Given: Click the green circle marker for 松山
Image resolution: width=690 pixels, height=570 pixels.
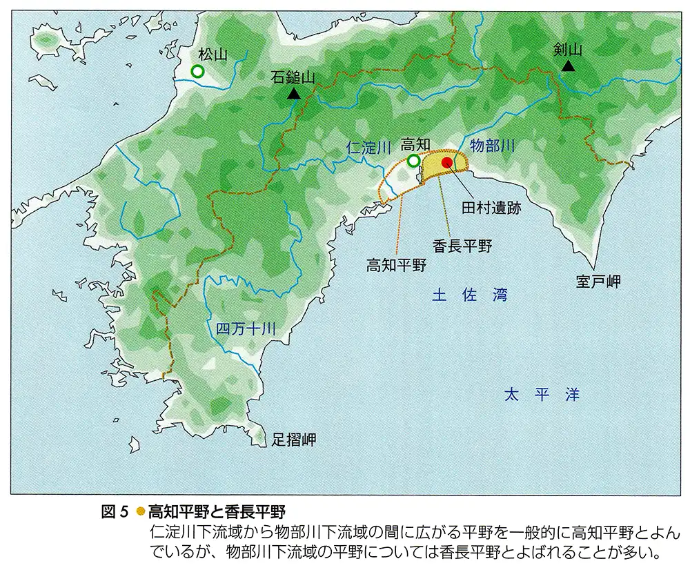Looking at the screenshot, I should tap(197, 71).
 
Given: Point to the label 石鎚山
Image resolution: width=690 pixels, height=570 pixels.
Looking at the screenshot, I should tap(293, 77).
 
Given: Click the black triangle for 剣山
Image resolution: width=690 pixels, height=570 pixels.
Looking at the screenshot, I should tap(568, 66).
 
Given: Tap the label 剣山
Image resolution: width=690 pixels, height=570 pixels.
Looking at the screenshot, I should tap(569, 49).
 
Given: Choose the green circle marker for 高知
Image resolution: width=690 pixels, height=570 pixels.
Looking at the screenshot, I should tap(413, 161).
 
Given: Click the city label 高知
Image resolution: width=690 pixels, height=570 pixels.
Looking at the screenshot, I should tap(415, 144).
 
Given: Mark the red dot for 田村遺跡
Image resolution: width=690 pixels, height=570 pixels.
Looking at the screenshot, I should tap(447, 162).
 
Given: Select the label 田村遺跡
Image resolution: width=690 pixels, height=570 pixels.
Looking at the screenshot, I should tap(491, 206).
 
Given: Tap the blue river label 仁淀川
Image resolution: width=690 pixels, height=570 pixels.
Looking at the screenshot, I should tap(369, 146).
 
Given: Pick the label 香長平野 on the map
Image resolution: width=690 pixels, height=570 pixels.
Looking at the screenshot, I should tap(462, 245).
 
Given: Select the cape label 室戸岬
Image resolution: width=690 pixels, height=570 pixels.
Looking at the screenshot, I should tap(599, 282).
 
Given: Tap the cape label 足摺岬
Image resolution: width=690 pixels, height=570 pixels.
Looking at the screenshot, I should tap(293, 439).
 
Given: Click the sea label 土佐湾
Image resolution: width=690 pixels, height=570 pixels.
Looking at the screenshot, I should tap(470, 295).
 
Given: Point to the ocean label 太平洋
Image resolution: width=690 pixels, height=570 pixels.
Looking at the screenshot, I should tap(542, 395).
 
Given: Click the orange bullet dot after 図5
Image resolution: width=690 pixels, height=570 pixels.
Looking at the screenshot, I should tap(140, 511).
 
